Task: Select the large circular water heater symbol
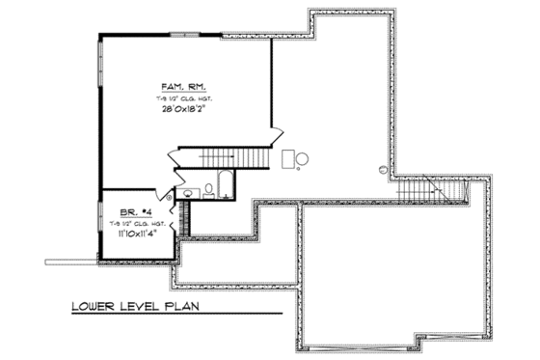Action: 303,158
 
